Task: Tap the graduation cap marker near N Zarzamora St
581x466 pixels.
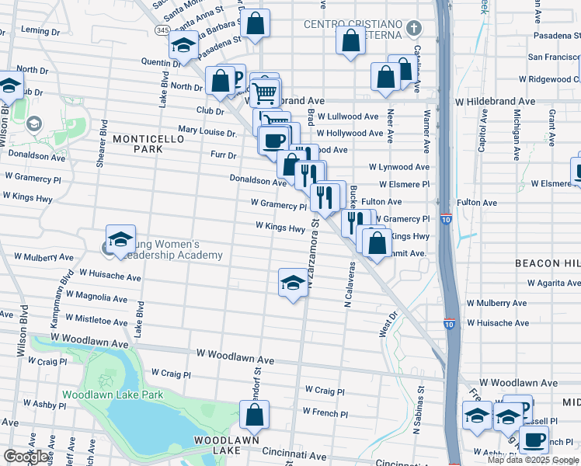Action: pos(293,283)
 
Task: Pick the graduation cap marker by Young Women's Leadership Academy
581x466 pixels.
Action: pos(120,239)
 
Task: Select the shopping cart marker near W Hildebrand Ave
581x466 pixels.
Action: pos(265,92)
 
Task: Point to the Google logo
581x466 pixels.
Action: pos(27,457)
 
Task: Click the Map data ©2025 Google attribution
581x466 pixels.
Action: pos(533,460)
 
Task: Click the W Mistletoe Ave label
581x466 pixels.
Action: pos(102,318)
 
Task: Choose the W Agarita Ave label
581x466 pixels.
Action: pos(553,283)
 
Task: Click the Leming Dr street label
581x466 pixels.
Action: pos(40,31)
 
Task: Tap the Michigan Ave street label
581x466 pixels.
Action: pos(516,123)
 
